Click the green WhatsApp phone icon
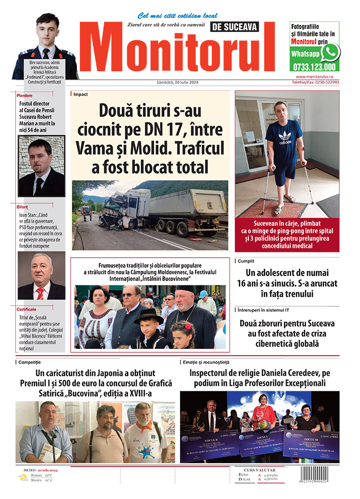[330, 52]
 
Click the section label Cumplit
[248, 260]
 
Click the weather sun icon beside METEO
[23, 478]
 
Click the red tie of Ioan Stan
[40, 292]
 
